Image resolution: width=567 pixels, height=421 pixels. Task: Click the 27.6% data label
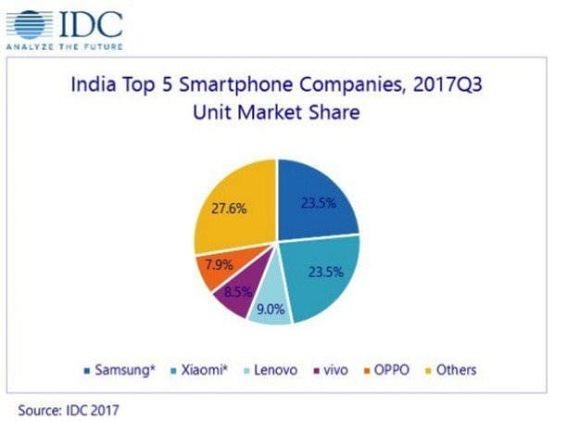(229, 209)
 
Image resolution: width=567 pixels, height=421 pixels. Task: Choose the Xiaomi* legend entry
(208, 370)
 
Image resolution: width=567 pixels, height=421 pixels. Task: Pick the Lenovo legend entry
(272, 370)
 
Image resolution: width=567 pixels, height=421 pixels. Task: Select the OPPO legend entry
(393, 370)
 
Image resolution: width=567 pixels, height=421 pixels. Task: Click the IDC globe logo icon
(31, 23)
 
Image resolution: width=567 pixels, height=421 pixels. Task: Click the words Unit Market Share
(276, 115)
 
